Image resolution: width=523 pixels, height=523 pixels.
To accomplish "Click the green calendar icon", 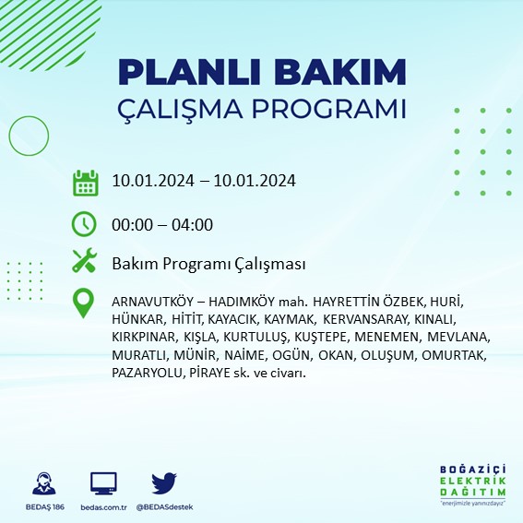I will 85,183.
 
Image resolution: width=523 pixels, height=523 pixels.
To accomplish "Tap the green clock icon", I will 85,224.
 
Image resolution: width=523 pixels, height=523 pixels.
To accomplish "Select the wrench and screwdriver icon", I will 85,262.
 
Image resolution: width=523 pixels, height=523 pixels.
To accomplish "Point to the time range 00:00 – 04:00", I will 162,224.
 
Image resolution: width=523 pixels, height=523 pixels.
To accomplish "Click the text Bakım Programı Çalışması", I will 208,264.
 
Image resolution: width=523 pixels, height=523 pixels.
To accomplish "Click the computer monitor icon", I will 103,483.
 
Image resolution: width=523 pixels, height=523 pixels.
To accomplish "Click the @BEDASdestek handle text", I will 164,507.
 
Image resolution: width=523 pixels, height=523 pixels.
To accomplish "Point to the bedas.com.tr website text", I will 103,507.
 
